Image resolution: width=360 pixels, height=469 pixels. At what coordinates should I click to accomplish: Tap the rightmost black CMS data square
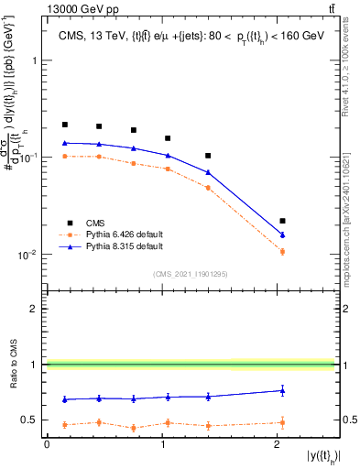pos(282,221)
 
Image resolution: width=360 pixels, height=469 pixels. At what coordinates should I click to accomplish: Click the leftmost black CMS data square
pos(65,125)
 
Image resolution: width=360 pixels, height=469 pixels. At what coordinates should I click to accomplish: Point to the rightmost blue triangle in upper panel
pos(282,235)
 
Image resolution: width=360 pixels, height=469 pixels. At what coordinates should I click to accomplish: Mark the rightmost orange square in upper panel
pos(282,251)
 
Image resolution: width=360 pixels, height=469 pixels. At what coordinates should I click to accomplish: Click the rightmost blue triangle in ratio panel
pos(282,390)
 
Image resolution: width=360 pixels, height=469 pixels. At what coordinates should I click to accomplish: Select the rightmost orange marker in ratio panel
pos(282,422)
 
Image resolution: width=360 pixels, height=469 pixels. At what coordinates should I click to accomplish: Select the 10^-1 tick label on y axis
pos(29,158)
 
